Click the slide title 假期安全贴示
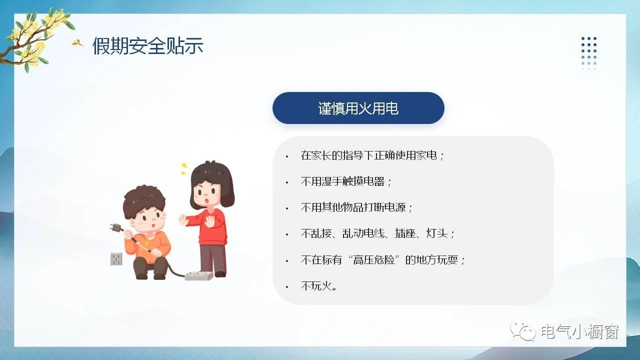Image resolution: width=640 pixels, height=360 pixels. pos(147,45)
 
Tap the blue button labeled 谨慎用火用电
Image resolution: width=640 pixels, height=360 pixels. pos(358,108)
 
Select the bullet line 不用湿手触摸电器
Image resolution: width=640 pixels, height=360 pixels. pos(346,181)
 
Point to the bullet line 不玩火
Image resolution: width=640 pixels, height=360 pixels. pos(319,285)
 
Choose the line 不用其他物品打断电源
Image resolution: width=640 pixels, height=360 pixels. pos(356,207)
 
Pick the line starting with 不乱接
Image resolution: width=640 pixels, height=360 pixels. pos(377,233)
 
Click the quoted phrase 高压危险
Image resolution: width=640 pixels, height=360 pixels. pos(373,259)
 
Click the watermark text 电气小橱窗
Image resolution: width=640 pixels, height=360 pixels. pos(579,331)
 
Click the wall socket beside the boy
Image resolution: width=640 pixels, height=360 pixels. pos(116,259)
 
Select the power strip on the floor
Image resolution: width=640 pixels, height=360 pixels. pos(199,275)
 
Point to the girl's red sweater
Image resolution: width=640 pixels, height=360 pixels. pos(211,227)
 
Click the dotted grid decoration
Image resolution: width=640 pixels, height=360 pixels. pos(589,53)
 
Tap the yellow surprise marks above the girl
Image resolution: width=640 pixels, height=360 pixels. pos(183,168)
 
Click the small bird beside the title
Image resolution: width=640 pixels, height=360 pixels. pos(77,43)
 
